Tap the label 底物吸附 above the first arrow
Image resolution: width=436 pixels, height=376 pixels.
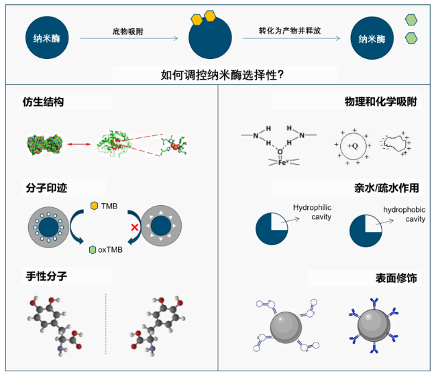point(129,32)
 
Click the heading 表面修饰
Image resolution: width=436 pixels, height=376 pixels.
point(396,277)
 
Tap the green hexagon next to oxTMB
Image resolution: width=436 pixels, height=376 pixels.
point(93,250)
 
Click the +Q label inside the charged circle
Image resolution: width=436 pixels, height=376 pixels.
point(351,144)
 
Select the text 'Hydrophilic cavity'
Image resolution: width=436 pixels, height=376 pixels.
point(312,212)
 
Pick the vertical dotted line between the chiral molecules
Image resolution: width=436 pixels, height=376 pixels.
point(105,322)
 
